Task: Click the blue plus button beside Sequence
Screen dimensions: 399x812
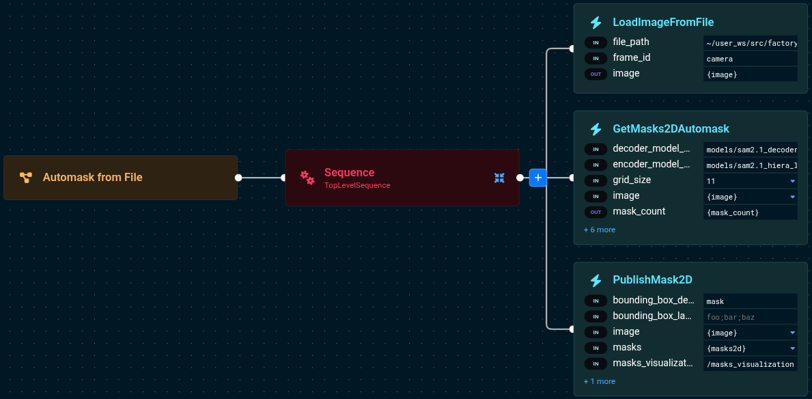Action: tap(538, 178)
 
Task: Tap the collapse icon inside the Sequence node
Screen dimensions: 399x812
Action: tap(499, 178)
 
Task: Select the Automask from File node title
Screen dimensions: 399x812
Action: tap(92, 178)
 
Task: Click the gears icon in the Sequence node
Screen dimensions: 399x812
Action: tap(307, 178)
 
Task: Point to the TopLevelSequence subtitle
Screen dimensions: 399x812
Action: tap(357, 185)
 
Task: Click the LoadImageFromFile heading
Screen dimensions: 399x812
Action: tap(663, 23)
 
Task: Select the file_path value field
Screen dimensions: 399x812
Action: tap(751, 43)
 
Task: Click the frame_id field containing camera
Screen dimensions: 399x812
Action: tap(751, 59)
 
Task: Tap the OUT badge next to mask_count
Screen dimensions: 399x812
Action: tap(596, 212)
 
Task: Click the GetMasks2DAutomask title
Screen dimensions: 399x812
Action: tap(671, 129)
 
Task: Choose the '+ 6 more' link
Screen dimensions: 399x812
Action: tap(600, 230)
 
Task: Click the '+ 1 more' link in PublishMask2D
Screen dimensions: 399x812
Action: tap(600, 382)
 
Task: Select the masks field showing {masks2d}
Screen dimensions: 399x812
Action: tap(751, 348)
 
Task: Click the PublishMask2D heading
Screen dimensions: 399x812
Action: tap(652, 280)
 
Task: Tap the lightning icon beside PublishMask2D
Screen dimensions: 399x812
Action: tap(596, 280)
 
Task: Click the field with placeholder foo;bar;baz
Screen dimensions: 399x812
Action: tap(751, 317)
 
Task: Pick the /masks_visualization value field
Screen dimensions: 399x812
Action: tap(751, 364)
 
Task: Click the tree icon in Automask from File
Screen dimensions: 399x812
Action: tap(26, 178)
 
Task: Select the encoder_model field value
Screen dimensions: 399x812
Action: tap(751, 165)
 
